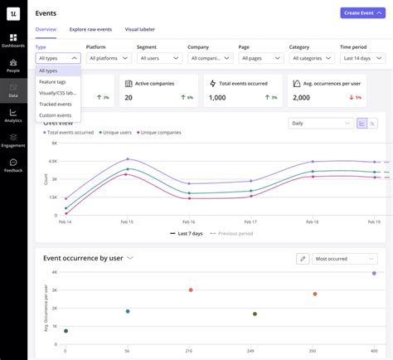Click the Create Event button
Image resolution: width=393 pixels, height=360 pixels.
click(362, 13)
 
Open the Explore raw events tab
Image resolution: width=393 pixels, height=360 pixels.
click(90, 29)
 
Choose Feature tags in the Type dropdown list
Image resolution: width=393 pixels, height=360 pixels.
click(53, 82)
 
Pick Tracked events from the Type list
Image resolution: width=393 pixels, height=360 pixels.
click(55, 104)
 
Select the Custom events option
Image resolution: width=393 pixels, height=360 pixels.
click(55, 114)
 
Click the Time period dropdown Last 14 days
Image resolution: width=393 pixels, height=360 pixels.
click(362, 58)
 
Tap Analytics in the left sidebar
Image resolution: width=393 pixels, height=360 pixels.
click(13, 115)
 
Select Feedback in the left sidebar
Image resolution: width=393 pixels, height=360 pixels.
click(13, 165)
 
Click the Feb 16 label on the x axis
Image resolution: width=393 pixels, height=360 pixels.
click(188, 222)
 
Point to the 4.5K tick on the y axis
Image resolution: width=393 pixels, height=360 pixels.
click(52, 161)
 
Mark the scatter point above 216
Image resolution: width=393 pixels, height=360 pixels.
click(191, 289)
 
